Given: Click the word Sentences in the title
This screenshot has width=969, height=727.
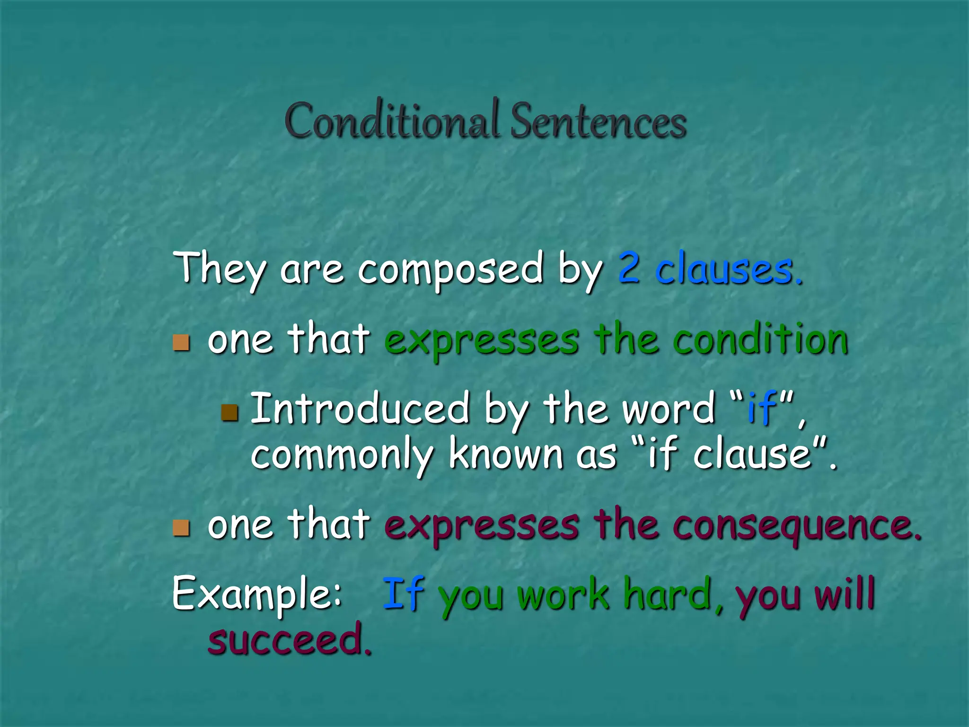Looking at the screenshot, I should [599, 122].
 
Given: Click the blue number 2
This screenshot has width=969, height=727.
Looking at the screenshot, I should [630, 268].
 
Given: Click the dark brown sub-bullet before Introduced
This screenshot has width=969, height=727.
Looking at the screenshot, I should [229, 413].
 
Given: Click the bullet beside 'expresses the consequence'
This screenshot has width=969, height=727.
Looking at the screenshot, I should [181, 528].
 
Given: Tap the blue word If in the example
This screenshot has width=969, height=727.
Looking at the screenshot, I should [403, 594].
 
